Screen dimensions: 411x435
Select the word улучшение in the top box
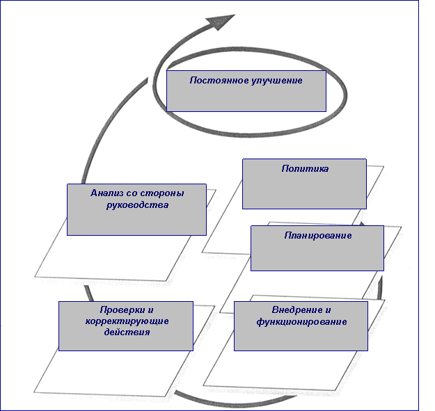[x=277, y=81]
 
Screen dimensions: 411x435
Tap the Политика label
[x=305, y=169]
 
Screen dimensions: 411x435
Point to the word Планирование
[x=317, y=236]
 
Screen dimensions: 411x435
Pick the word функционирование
[x=301, y=322]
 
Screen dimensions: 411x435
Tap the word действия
[x=126, y=332]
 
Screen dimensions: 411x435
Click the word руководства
[x=137, y=205]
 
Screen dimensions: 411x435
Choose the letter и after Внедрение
[x=326, y=310]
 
